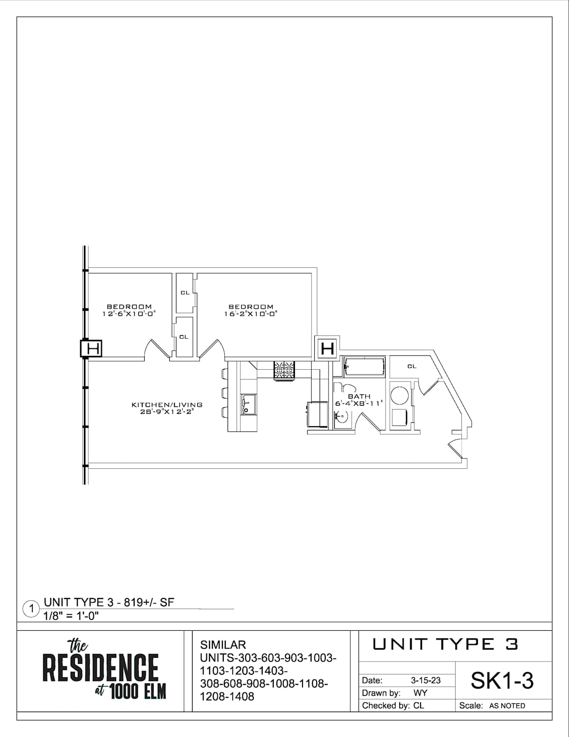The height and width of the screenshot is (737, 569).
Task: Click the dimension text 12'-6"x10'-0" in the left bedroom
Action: [129, 314]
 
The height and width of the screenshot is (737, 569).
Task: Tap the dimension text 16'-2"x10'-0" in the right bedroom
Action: [251, 314]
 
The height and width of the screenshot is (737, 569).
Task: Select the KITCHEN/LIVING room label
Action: [167, 405]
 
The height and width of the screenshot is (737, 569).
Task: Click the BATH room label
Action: [359, 396]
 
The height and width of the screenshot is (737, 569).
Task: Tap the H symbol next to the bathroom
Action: [327, 349]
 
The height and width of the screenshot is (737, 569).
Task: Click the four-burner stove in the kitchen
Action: [284, 370]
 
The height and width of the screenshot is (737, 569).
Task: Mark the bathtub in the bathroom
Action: [364, 367]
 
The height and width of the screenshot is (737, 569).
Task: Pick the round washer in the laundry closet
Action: [400, 395]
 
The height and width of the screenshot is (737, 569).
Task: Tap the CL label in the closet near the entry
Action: [412, 366]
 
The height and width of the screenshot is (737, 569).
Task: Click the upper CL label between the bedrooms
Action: [185, 293]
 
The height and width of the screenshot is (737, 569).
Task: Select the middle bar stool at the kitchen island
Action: [224, 393]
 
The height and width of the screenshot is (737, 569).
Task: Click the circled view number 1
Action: [31, 609]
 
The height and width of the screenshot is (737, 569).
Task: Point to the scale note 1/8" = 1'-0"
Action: [71, 616]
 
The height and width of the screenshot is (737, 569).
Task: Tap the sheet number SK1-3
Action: [502, 681]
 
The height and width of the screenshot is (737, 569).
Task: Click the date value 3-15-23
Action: [425, 681]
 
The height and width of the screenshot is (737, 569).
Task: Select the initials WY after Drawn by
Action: [420, 693]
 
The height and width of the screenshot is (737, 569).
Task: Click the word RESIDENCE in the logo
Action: [101, 668]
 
